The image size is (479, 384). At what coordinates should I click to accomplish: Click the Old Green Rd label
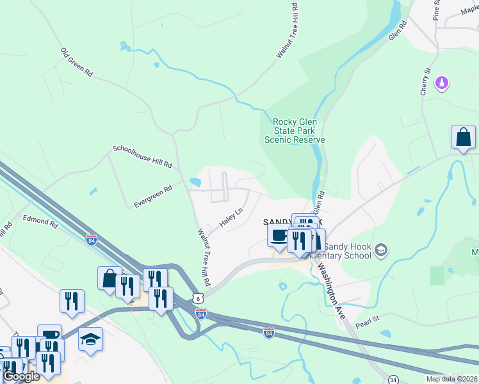(x=77, y=62)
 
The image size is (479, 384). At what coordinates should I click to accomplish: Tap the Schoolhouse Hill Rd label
(x=142, y=157)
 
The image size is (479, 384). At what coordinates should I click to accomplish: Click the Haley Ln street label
(x=232, y=218)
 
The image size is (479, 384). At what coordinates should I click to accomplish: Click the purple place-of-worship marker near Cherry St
(x=441, y=83)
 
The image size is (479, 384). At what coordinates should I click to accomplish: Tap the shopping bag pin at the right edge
(x=463, y=137)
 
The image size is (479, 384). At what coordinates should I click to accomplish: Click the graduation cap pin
(x=90, y=339)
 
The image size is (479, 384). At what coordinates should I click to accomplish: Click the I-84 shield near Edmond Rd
(x=92, y=240)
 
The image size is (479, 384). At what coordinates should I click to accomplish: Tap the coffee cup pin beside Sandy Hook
(x=279, y=235)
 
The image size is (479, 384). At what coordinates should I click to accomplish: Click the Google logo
(x=21, y=376)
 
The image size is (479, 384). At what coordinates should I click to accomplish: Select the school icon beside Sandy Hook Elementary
(x=381, y=250)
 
